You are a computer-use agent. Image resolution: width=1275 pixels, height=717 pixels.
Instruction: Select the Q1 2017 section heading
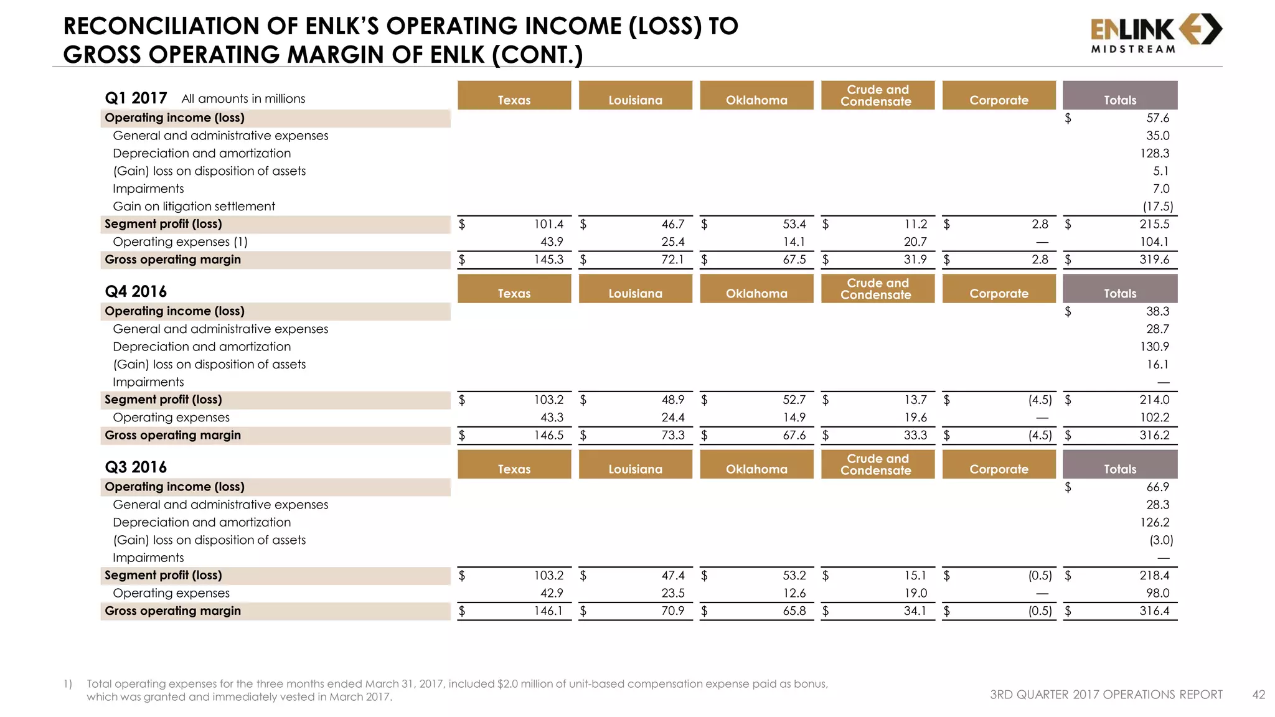pos(136,98)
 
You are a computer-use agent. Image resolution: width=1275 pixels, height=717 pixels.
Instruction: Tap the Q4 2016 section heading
pos(136,291)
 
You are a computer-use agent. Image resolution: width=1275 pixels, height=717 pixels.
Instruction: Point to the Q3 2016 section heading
pos(136,467)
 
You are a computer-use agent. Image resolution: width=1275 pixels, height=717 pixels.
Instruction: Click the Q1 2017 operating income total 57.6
pos(1157,118)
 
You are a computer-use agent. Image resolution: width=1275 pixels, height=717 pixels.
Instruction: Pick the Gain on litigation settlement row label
pos(194,206)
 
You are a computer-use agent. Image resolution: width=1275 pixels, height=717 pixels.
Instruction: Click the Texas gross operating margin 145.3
pos(548,260)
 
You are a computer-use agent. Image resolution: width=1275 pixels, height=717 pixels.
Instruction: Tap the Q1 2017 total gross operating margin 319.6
pos(1154,260)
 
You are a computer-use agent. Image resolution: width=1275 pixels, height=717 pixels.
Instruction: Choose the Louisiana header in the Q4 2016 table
pos(635,293)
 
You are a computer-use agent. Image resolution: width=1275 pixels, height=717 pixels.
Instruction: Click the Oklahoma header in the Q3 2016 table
pos(756,469)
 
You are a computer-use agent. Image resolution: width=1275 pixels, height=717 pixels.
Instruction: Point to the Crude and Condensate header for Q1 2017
pos(877,95)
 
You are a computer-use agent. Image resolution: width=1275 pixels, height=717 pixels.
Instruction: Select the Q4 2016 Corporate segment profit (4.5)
pos(1040,400)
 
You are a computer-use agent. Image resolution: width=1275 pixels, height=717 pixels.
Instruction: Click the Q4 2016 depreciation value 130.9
pos(1154,347)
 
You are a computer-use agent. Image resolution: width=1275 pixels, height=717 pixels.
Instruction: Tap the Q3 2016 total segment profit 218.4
pos(1154,575)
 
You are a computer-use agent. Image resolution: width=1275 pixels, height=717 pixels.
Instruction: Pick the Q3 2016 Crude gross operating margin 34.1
pos(915,611)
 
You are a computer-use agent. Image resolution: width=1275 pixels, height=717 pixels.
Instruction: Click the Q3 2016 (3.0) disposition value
pos(1161,540)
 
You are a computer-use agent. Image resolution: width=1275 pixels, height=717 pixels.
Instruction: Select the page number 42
pos(1258,695)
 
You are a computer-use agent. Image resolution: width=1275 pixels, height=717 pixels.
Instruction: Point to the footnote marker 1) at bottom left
pos(68,684)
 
